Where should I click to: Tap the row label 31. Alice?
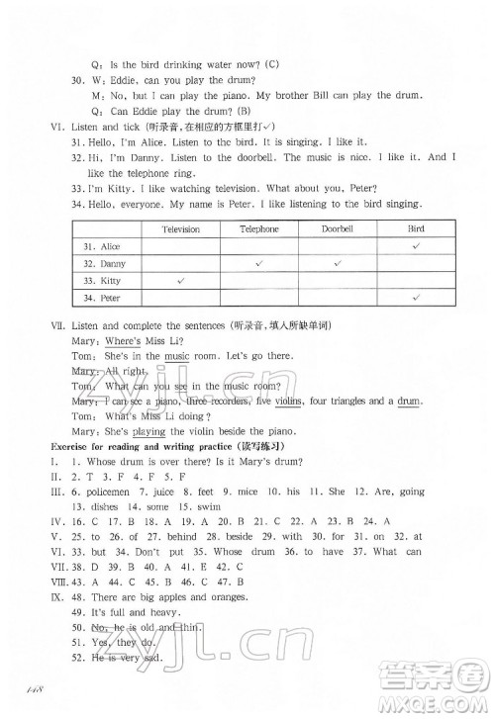pyautogui.click(x=98, y=246)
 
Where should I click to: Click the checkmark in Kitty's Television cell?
pyautogui.click(x=181, y=281)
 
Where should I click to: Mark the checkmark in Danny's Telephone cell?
pyautogui.click(x=258, y=263)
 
